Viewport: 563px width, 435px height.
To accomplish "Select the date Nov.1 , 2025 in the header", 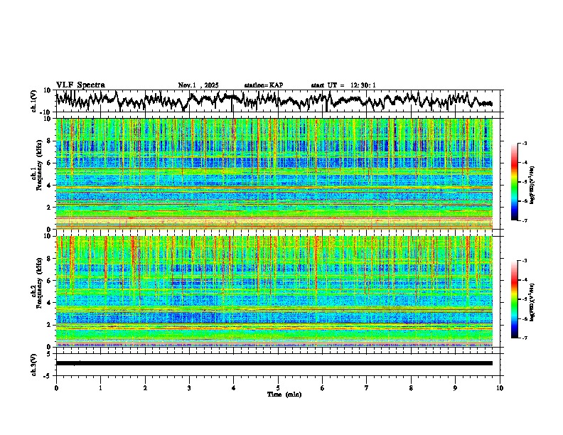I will tap(198, 85).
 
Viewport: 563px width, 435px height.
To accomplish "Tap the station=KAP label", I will tap(264, 85).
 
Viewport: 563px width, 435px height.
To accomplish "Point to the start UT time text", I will tap(343, 85).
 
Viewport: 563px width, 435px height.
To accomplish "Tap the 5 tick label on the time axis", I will tap(278, 387).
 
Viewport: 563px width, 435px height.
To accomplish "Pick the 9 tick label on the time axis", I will tap(456, 387).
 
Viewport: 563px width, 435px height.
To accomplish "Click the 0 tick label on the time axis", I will tap(56, 387).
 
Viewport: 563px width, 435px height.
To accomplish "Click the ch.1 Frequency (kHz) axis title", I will tap(35, 173).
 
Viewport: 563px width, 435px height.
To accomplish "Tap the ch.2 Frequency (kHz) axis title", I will tap(35, 291).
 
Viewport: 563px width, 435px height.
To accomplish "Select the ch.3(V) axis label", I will tap(35, 363).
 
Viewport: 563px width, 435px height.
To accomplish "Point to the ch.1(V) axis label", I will tap(35, 101).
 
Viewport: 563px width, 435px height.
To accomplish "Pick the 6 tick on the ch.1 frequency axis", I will tap(49, 163).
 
